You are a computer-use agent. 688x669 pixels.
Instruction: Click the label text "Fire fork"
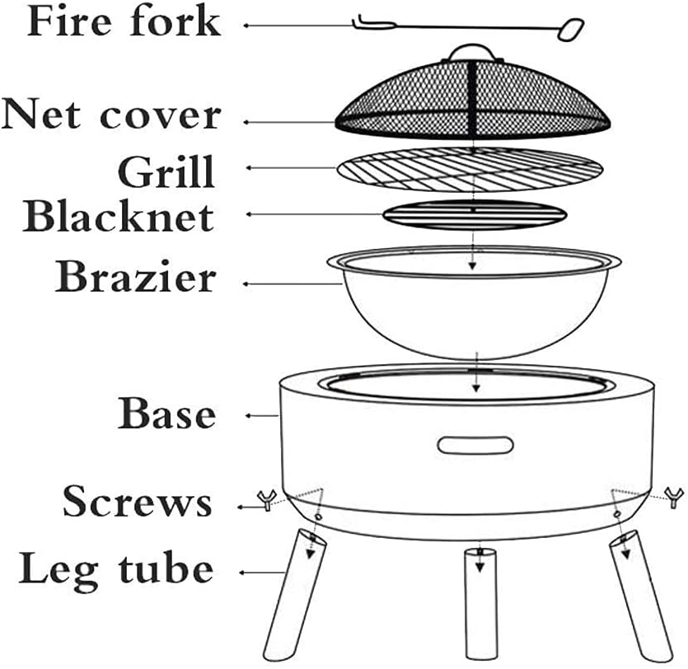click(124, 23)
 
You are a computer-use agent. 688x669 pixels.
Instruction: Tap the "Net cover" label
click(111, 115)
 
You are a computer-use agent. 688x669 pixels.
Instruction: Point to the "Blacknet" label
click(119, 215)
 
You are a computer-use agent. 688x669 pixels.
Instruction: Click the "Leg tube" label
click(115, 568)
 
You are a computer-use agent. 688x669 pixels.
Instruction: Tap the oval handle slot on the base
click(475, 445)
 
